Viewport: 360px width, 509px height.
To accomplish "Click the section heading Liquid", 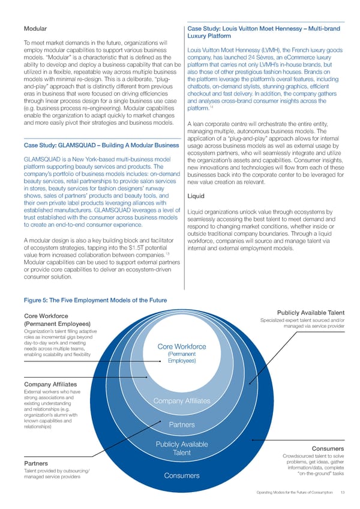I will click(196, 196).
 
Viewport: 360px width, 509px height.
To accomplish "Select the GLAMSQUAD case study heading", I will click(101, 145).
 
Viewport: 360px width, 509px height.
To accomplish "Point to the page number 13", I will click(341, 495).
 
